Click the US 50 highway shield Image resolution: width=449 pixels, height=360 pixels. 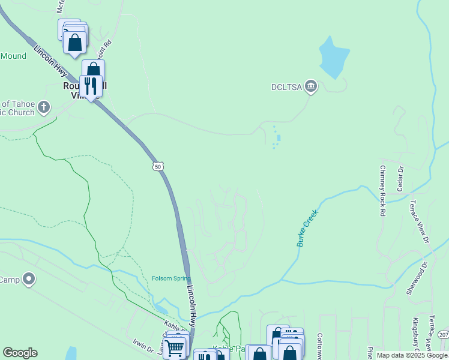[157, 166]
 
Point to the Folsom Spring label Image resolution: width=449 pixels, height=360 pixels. [170, 278]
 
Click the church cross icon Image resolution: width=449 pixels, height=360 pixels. [43, 108]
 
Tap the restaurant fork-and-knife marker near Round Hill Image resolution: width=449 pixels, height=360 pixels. [91, 86]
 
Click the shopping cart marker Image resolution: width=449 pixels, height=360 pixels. [175, 347]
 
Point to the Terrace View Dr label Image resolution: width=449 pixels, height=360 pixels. [419, 222]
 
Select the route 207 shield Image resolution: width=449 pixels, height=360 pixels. [443, 334]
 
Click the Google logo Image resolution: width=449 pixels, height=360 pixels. [20, 353]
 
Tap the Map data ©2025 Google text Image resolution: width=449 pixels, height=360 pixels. [412, 355]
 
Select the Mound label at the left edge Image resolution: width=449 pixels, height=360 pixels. [13, 56]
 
